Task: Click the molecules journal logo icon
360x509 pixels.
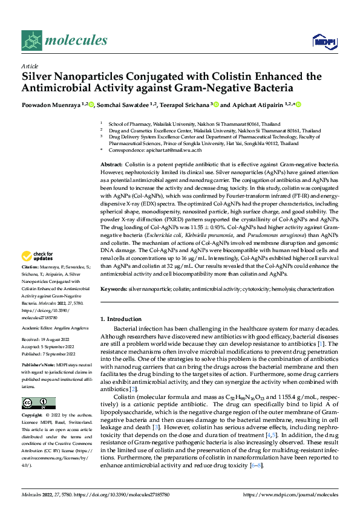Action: (x=32, y=41)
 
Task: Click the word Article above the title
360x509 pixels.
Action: (x=30, y=66)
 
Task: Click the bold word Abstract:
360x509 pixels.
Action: (x=111, y=164)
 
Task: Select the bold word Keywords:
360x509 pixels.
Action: (x=113, y=290)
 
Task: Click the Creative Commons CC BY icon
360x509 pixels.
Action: (x=39, y=403)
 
